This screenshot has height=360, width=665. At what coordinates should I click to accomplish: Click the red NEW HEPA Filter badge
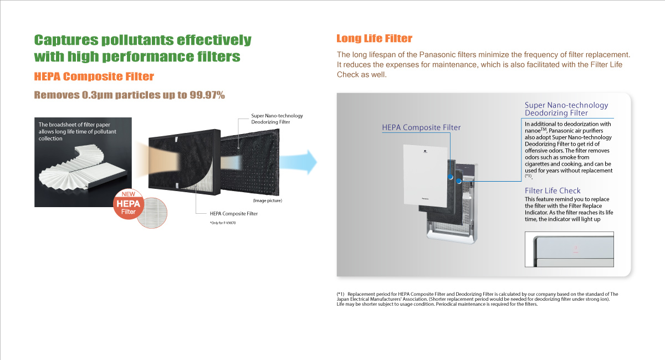[x=128, y=204]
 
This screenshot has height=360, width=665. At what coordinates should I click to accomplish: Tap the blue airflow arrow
[x=298, y=162]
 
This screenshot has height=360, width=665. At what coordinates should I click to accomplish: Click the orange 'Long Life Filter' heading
[x=374, y=38]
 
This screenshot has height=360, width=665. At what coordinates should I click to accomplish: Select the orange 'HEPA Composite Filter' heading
[x=94, y=76]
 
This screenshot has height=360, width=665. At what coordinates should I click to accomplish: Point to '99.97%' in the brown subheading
[x=207, y=95]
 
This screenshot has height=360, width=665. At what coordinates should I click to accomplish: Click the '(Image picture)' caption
[x=268, y=200]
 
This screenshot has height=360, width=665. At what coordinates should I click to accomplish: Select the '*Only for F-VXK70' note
[x=223, y=223]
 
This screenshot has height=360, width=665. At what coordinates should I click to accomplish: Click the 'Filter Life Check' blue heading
[x=553, y=191]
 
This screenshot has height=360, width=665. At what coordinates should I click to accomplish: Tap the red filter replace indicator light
[x=576, y=249]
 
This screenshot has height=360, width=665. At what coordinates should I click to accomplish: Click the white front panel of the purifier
[x=426, y=176]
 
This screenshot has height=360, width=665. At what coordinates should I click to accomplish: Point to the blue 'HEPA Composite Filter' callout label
[x=421, y=127]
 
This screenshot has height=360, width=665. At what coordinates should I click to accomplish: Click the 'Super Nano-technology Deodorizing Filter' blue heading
[x=566, y=109]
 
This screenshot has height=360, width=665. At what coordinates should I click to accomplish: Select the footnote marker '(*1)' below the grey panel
[x=340, y=294]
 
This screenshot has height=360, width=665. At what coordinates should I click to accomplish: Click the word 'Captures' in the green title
[x=66, y=40]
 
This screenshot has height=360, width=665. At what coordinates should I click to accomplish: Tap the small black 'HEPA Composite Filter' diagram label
[x=234, y=213]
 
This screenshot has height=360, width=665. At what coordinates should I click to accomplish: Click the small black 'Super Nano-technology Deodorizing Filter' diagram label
[x=277, y=119]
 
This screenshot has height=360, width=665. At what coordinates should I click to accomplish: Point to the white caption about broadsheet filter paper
[x=77, y=131]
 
